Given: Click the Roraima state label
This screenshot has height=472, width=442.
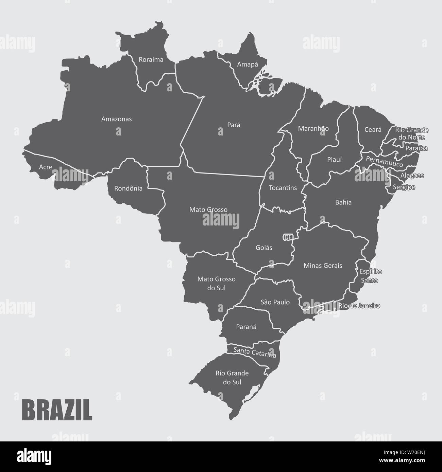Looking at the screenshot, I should tap(151, 60).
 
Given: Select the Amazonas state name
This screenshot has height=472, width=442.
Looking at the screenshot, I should tap(116, 119).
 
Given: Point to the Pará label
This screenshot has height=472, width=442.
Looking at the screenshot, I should tap(234, 125).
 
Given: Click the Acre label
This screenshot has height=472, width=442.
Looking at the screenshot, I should tap(46, 167).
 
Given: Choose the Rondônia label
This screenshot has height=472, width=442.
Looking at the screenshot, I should tap(128, 188).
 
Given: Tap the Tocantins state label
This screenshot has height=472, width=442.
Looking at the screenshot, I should tap(283, 188).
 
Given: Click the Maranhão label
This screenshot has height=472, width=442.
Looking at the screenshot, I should tap(313, 129).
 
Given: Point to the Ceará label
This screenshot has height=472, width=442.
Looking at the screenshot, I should tap(373, 130).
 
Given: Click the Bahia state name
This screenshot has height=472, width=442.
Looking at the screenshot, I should tap(343, 202).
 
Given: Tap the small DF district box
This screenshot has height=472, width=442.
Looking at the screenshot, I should tap(288, 237).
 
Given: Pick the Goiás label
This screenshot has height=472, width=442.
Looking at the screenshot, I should tap(264, 248).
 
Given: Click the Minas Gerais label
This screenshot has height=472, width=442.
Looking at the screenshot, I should tap(323, 265).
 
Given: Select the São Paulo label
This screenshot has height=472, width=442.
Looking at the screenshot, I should tap(275, 302).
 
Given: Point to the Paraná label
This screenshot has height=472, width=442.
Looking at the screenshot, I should tap(246, 327).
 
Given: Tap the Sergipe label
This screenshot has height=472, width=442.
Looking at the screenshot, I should tap(404, 187).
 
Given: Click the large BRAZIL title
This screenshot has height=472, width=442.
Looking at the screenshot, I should tap(57, 411).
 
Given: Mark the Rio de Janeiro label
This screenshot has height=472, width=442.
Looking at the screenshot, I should tap(359, 306).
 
